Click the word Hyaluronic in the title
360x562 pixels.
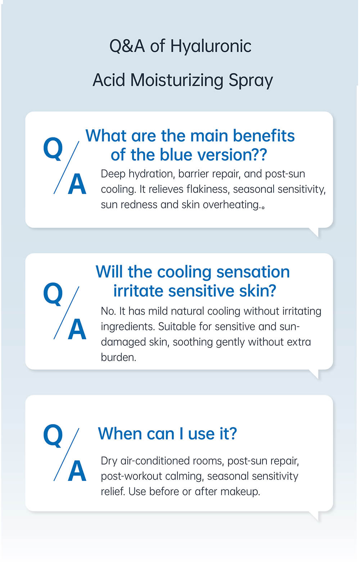[x=211, y=47]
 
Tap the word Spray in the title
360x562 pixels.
[x=251, y=81]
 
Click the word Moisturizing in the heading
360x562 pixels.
[x=176, y=80]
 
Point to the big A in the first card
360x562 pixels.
[x=77, y=184]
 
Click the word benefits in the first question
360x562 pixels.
[x=264, y=136]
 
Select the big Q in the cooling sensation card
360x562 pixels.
[x=53, y=294]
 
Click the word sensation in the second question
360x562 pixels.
[x=253, y=272]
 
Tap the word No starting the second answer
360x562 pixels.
[x=108, y=311]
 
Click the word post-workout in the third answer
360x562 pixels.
[x=131, y=477]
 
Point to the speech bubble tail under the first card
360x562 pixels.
[x=314, y=232]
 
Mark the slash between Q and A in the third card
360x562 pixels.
[x=67, y=454]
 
